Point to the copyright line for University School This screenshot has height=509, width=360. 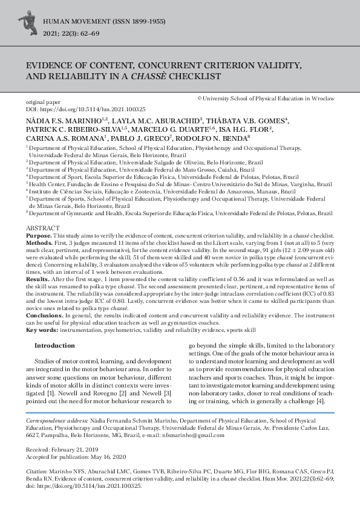coord(266,98)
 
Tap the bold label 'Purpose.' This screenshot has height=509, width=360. coord(39,234)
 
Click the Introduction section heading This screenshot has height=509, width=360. coord(54,346)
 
